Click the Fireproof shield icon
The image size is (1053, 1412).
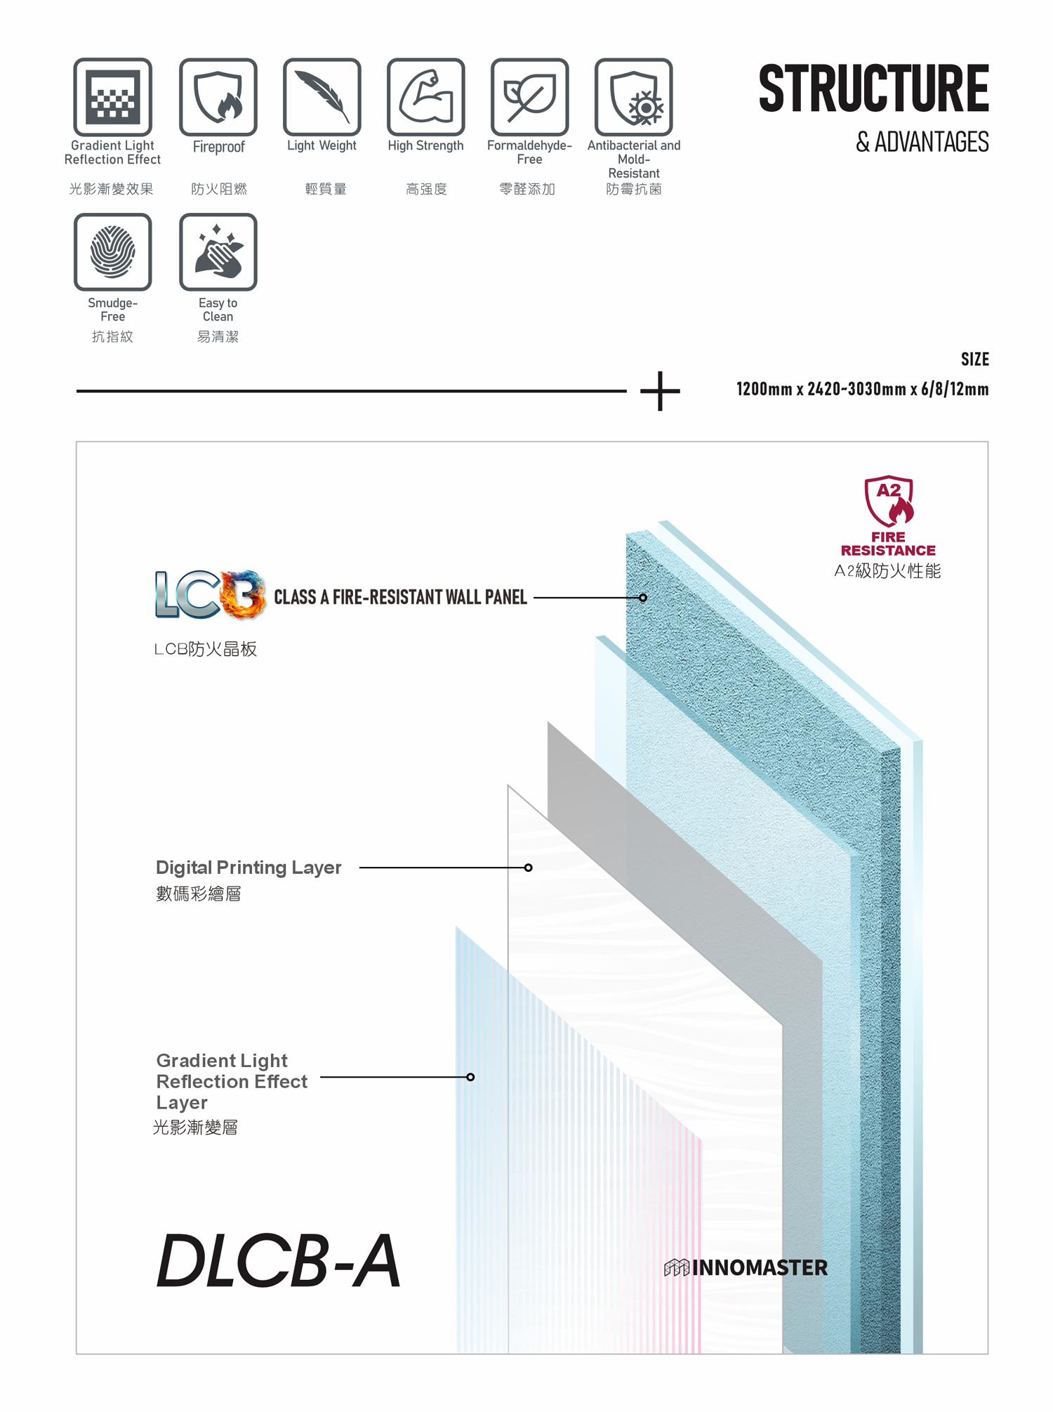[x=218, y=97]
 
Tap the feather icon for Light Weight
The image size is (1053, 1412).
[x=322, y=97]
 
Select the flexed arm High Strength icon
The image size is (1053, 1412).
[x=426, y=97]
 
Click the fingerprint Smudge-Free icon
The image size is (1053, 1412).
[x=113, y=252]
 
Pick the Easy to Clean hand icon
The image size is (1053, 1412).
[x=218, y=252]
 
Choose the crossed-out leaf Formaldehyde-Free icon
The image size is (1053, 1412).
[x=530, y=97]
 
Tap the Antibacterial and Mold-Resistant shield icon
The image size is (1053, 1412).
[x=634, y=97]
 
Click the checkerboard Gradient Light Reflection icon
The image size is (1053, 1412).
[x=113, y=97]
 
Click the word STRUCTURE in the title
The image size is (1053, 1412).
[x=874, y=89]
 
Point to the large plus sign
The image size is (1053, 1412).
[x=661, y=391]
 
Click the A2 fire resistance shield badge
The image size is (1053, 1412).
[x=889, y=500]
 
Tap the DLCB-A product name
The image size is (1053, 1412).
[x=279, y=1262]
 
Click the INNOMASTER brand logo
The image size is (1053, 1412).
[x=746, y=1267]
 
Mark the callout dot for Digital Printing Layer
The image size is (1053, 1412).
[x=529, y=868]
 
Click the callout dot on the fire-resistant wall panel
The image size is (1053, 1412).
[x=643, y=598]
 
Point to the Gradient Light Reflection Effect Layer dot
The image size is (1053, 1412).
[x=470, y=1077]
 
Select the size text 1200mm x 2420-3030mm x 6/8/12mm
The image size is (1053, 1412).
[x=863, y=389]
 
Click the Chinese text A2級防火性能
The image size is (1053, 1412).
[x=888, y=570]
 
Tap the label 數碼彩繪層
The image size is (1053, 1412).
[x=199, y=894]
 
